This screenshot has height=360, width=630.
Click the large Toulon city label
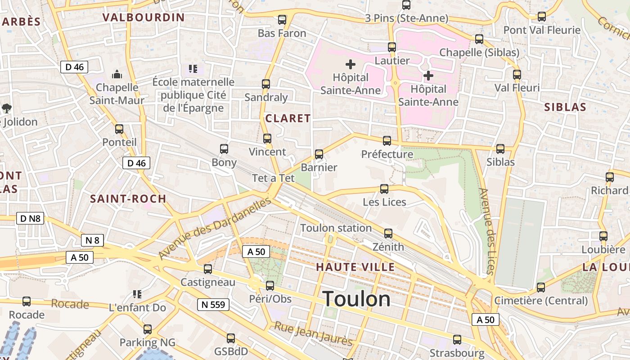click(356, 299)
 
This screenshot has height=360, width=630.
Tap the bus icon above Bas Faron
click(282, 20)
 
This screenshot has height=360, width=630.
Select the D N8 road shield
click(30, 219)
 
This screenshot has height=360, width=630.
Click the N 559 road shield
click(213, 305)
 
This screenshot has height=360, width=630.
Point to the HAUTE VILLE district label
click(355, 267)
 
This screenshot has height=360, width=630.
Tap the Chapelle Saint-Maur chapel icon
click(117, 74)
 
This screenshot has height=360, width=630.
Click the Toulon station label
click(336, 228)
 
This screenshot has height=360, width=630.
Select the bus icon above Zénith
click(388, 234)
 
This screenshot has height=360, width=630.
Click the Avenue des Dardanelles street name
click(215, 228)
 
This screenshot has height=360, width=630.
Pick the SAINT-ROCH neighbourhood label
click(128, 198)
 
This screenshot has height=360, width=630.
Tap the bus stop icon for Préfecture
click(387, 141)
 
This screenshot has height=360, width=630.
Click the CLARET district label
click(288, 118)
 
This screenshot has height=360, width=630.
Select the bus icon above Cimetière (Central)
click(541, 287)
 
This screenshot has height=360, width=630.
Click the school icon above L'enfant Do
click(137, 294)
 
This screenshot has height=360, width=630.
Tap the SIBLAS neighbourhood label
click(565, 107)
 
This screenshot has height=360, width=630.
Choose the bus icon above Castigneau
click(208, 269)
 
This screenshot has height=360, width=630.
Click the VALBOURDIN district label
click(144, 18)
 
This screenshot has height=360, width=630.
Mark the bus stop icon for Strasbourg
click(457, 340)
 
